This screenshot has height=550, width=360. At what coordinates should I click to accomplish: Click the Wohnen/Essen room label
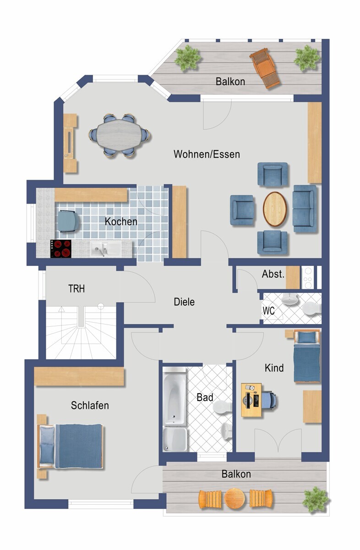pos(207,154)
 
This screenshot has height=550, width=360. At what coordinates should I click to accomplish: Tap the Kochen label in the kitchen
pos(121,221)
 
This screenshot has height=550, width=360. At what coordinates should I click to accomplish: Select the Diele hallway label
pos(184,302)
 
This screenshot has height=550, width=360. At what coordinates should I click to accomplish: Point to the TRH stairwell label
pos(76,289)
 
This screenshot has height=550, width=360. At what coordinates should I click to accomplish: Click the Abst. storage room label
pos(273,274)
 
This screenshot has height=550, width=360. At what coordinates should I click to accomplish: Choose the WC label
pos(268,311)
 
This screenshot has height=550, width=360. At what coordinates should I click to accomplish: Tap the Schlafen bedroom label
pos(90,405)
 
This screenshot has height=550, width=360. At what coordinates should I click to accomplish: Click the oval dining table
pos(119,135)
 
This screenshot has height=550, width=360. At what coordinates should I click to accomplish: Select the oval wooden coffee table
pos(275,209)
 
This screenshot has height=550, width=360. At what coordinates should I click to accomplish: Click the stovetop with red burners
pos(61,249)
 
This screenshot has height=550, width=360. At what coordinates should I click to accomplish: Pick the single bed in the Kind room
pos(307,356)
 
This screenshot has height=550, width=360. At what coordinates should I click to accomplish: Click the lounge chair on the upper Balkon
pos(265,68)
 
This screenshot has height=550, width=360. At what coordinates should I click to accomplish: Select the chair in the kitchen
pos(68,221)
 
